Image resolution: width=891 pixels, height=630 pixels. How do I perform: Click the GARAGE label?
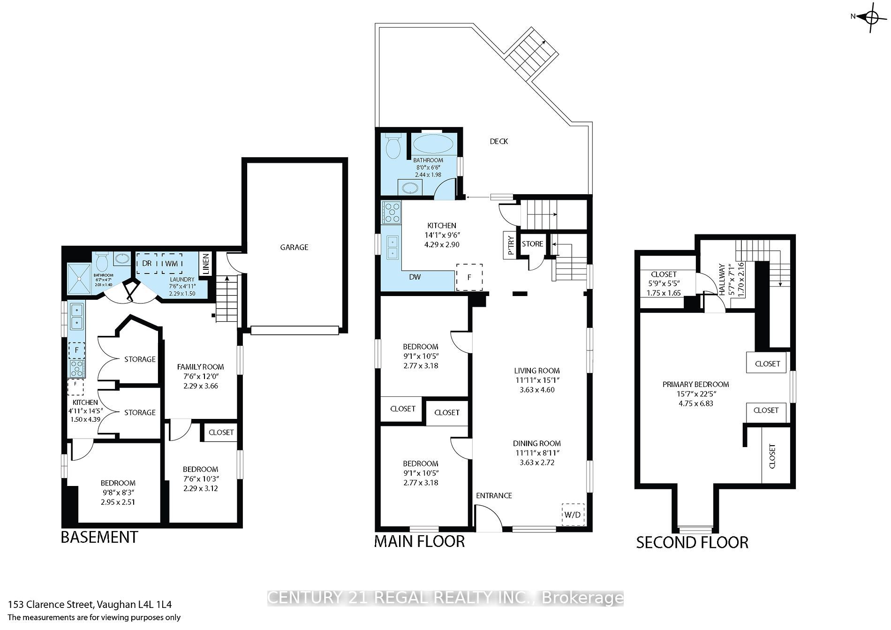tap(294, 247)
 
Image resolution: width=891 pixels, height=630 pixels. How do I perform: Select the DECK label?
tap(498, 141)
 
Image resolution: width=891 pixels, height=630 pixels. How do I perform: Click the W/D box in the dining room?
tap(573, 515)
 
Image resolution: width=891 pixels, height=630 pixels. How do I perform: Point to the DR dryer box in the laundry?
tap(147, 264)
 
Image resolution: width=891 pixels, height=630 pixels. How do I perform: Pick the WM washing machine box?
tap(172, 264)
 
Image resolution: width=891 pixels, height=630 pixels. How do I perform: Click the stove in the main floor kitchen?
tap(392, 212)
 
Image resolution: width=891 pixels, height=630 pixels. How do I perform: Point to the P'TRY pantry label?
tap(510, 244)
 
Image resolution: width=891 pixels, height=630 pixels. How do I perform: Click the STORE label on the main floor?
tap(532, 244)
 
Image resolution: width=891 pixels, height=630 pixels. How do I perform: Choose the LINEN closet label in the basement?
tap(206, 264)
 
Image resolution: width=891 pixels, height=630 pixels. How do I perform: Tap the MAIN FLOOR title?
tap(419, 541)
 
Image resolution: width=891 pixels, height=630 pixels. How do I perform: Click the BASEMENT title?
tap(99, 537)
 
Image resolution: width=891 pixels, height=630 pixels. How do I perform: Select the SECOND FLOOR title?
tap(692, 542)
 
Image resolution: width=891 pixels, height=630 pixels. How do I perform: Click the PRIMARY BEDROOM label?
tap(695, 385)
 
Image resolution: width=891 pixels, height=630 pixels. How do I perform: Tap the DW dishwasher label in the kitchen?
tap(415, 277)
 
